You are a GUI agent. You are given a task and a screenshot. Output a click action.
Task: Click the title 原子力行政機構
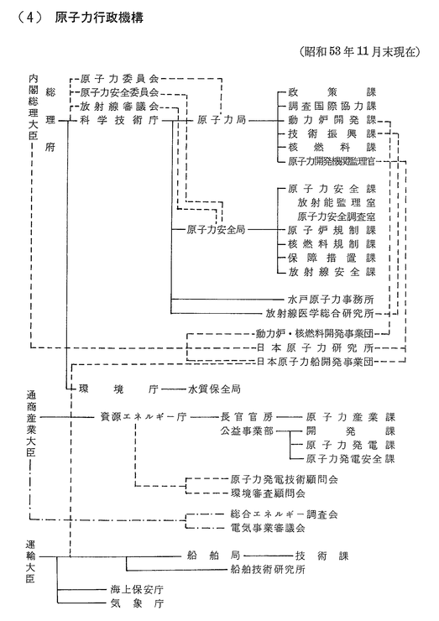pyautogui.click(x=99, y=18)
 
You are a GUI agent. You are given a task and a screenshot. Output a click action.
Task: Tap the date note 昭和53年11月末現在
pyautogui.click(x=359, y=52)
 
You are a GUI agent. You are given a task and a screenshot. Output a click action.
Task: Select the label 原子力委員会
pyautogui.click(x=120, y=78)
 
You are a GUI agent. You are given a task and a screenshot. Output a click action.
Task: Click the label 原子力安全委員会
pyautogui.click(x=120, y=92)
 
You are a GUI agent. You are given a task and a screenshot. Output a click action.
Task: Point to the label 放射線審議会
pyautogui.click(x=120, y=106)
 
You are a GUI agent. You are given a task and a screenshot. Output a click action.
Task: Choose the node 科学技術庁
pyautogui.click(x=120, y=120)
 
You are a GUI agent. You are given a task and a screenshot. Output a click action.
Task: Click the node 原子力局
pyautogui.click(x=222, y=120)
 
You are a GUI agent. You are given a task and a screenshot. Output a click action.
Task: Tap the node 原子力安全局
pyautogui.click(x=216, y=229)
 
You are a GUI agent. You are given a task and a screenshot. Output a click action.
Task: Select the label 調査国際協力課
pyautogui.click(x=332, y=106)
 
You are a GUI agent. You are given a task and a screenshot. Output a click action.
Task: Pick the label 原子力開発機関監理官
pyautogui.click(x=332, y=161)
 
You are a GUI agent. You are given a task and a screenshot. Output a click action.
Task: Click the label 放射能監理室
pyautogui.click(x=337, y=203)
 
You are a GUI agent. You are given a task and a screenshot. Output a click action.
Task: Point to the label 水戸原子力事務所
pyautogui.click(x=331, y=300)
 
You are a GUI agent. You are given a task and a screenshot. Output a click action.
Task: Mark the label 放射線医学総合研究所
pyautogui.click(x=320, y=313)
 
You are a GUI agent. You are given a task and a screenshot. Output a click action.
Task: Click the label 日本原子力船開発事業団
pyautogui.click(x=316, y=362)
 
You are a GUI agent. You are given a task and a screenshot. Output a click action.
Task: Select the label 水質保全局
pyautogui.click(x=214, y=389)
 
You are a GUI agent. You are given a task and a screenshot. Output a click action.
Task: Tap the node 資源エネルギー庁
pyautogui.click(x=144, y=417)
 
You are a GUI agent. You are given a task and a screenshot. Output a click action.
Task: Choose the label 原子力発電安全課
pyautogui.click(x=351, y=459)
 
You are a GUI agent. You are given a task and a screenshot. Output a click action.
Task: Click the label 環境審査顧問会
pyautogui.click(x=268, y=493)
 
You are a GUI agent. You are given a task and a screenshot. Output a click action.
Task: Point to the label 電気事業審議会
pyautogui.click(x=268, y=528)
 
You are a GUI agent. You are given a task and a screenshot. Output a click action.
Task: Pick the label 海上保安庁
pyautogui.click(x=137, y=590)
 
